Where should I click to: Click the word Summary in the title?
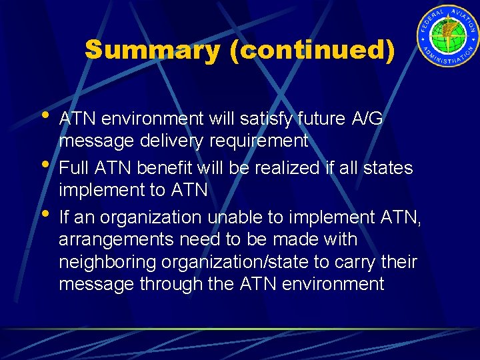coord(153,51)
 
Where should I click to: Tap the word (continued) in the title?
coord(311,51)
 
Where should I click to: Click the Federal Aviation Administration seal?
coord(448,39)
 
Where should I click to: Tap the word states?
coord(390,168)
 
